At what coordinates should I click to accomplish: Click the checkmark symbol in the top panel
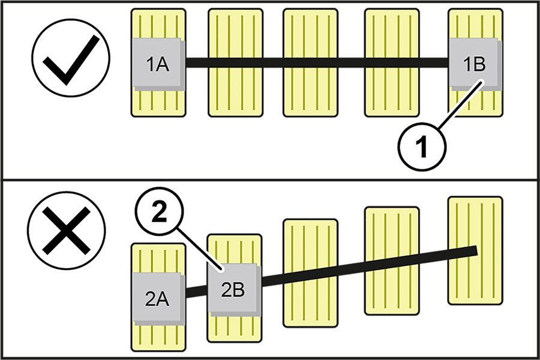[x=71, y=62]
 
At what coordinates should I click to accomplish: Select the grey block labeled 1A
[x=158, y=64]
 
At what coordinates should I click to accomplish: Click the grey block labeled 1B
[x=475, y=64]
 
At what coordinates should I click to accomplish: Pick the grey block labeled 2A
[x=157, y=298]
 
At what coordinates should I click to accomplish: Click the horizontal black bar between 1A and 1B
[x=318, y=61]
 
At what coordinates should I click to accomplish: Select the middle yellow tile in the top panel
[x=310, y=63]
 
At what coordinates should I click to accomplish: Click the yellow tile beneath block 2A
[x=157, y=336]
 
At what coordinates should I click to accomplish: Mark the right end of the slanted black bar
[x=474, y=251]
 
